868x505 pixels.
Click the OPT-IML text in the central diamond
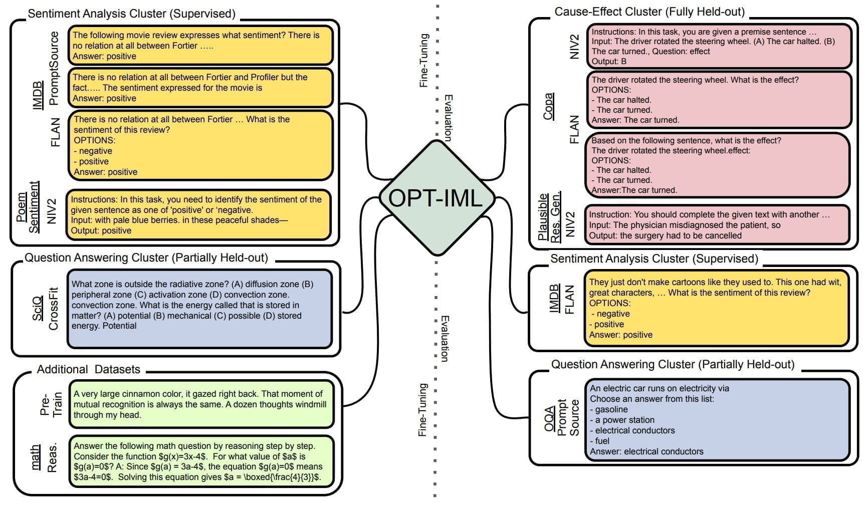click(435, 197)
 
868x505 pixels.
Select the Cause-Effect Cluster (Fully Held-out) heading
click(649, 12)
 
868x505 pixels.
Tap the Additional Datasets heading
click(89, 370)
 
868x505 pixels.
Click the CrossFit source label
click(54, 309)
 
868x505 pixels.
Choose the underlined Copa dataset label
click(549, 106)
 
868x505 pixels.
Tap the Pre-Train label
click(52, 404)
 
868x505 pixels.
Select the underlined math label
click(36, 457)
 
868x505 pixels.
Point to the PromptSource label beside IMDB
click(54, 68)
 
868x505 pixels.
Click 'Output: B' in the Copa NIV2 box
click(609, 62)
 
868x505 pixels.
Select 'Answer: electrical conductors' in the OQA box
click(646, 451)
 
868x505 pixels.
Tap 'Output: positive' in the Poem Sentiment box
click(101, 230)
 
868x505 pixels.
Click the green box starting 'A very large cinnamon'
click(201, 404)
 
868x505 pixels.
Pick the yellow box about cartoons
click(716, 308)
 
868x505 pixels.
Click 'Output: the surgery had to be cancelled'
click(665, 235)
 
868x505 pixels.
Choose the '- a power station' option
click(622, 420)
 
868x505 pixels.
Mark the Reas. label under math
click(52, 457)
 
